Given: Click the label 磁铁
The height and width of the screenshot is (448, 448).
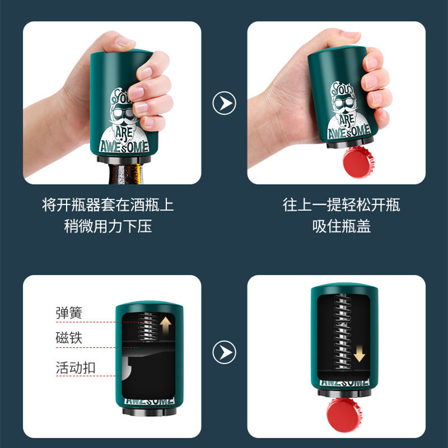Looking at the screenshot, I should [x=69, y=339].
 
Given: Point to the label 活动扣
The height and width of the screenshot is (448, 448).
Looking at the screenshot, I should [x=75, y=368].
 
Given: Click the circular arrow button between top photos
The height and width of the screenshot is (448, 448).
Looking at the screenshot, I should [x=225, y=103].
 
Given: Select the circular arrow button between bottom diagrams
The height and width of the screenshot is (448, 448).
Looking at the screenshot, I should [x=225, y=352].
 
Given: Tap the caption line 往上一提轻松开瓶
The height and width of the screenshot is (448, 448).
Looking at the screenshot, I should [x=341, y=205].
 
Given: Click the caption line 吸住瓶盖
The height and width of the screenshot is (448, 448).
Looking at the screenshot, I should [x=341, y=227].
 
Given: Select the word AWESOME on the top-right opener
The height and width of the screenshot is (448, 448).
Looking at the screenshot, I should [x=349, y=133].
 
